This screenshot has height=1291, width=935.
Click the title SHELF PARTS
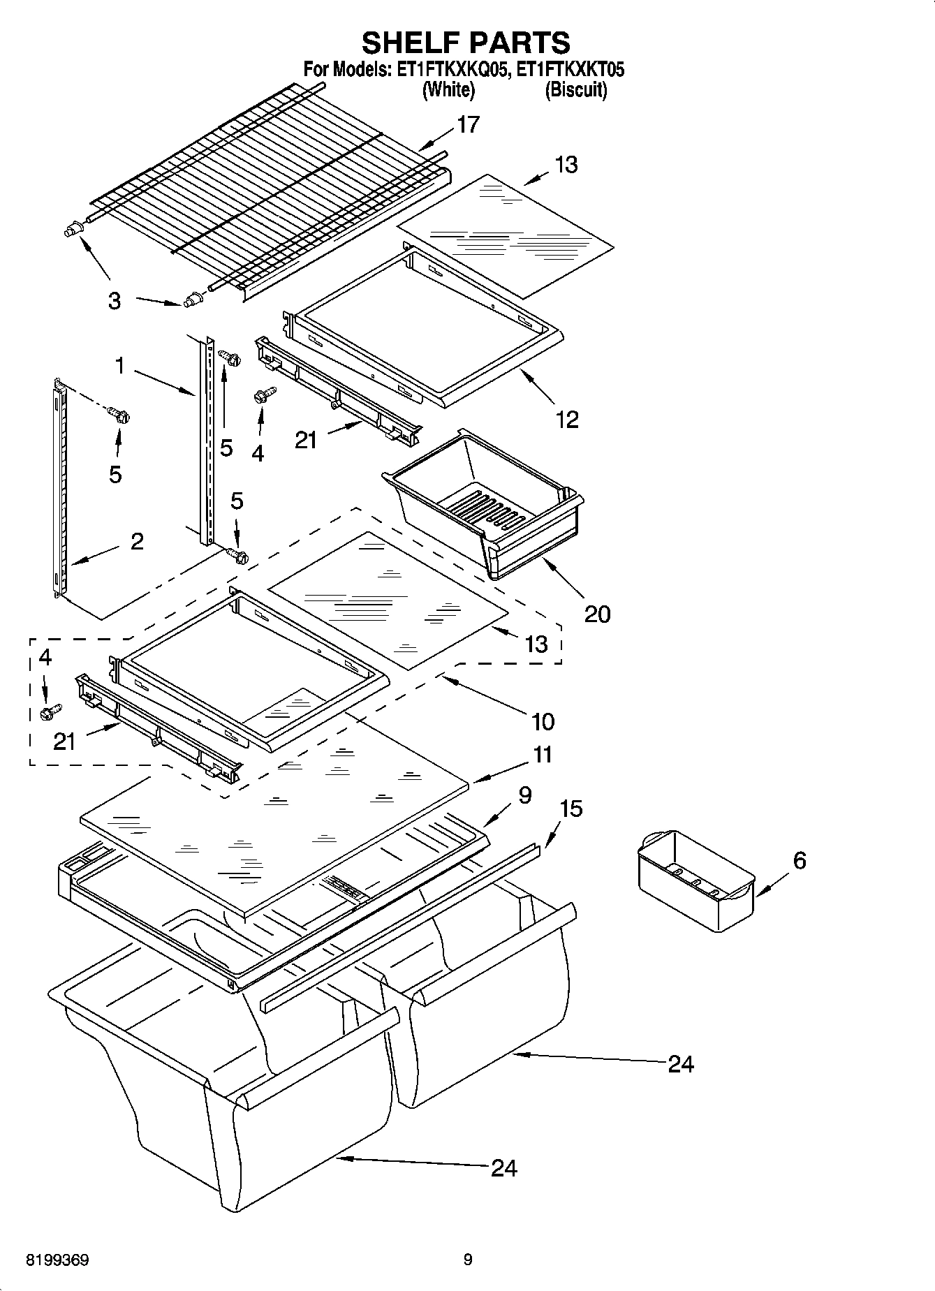click(465, 43)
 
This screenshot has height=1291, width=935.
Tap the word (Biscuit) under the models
click(575, 89)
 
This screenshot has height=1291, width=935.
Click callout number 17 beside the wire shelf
click(468, 124)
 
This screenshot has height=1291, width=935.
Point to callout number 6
click(800, 860)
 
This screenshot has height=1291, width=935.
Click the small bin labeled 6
click(696, 881)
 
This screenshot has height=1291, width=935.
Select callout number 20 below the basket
click(597, 614)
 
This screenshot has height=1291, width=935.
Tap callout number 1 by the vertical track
click(120, 366)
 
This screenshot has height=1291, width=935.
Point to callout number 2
click(137, 541)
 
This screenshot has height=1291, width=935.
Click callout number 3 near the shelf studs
click(115, 302)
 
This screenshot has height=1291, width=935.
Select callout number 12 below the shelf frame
click(567, 420)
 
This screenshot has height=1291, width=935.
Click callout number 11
click(543, 755)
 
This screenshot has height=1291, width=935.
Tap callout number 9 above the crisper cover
click(525, 795)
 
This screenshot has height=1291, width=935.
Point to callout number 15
click(570, 809)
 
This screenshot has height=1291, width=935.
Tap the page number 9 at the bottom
click(468, 1260)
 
